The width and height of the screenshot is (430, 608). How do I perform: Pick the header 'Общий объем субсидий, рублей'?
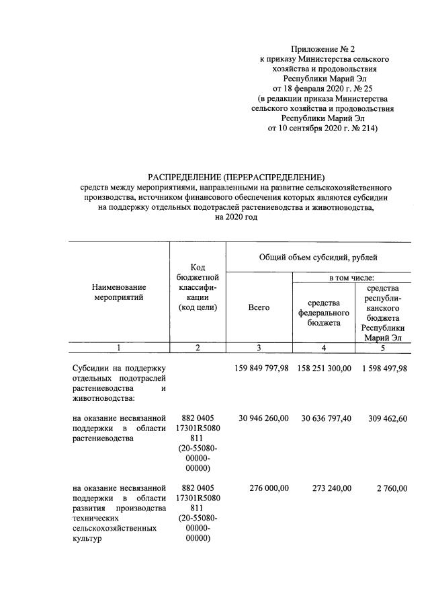tap(318, 257)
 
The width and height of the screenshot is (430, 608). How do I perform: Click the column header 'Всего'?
tap(259, 307)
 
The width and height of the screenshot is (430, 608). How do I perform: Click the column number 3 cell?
tap(259, 348)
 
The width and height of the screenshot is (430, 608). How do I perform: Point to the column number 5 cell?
tap(383, 348)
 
